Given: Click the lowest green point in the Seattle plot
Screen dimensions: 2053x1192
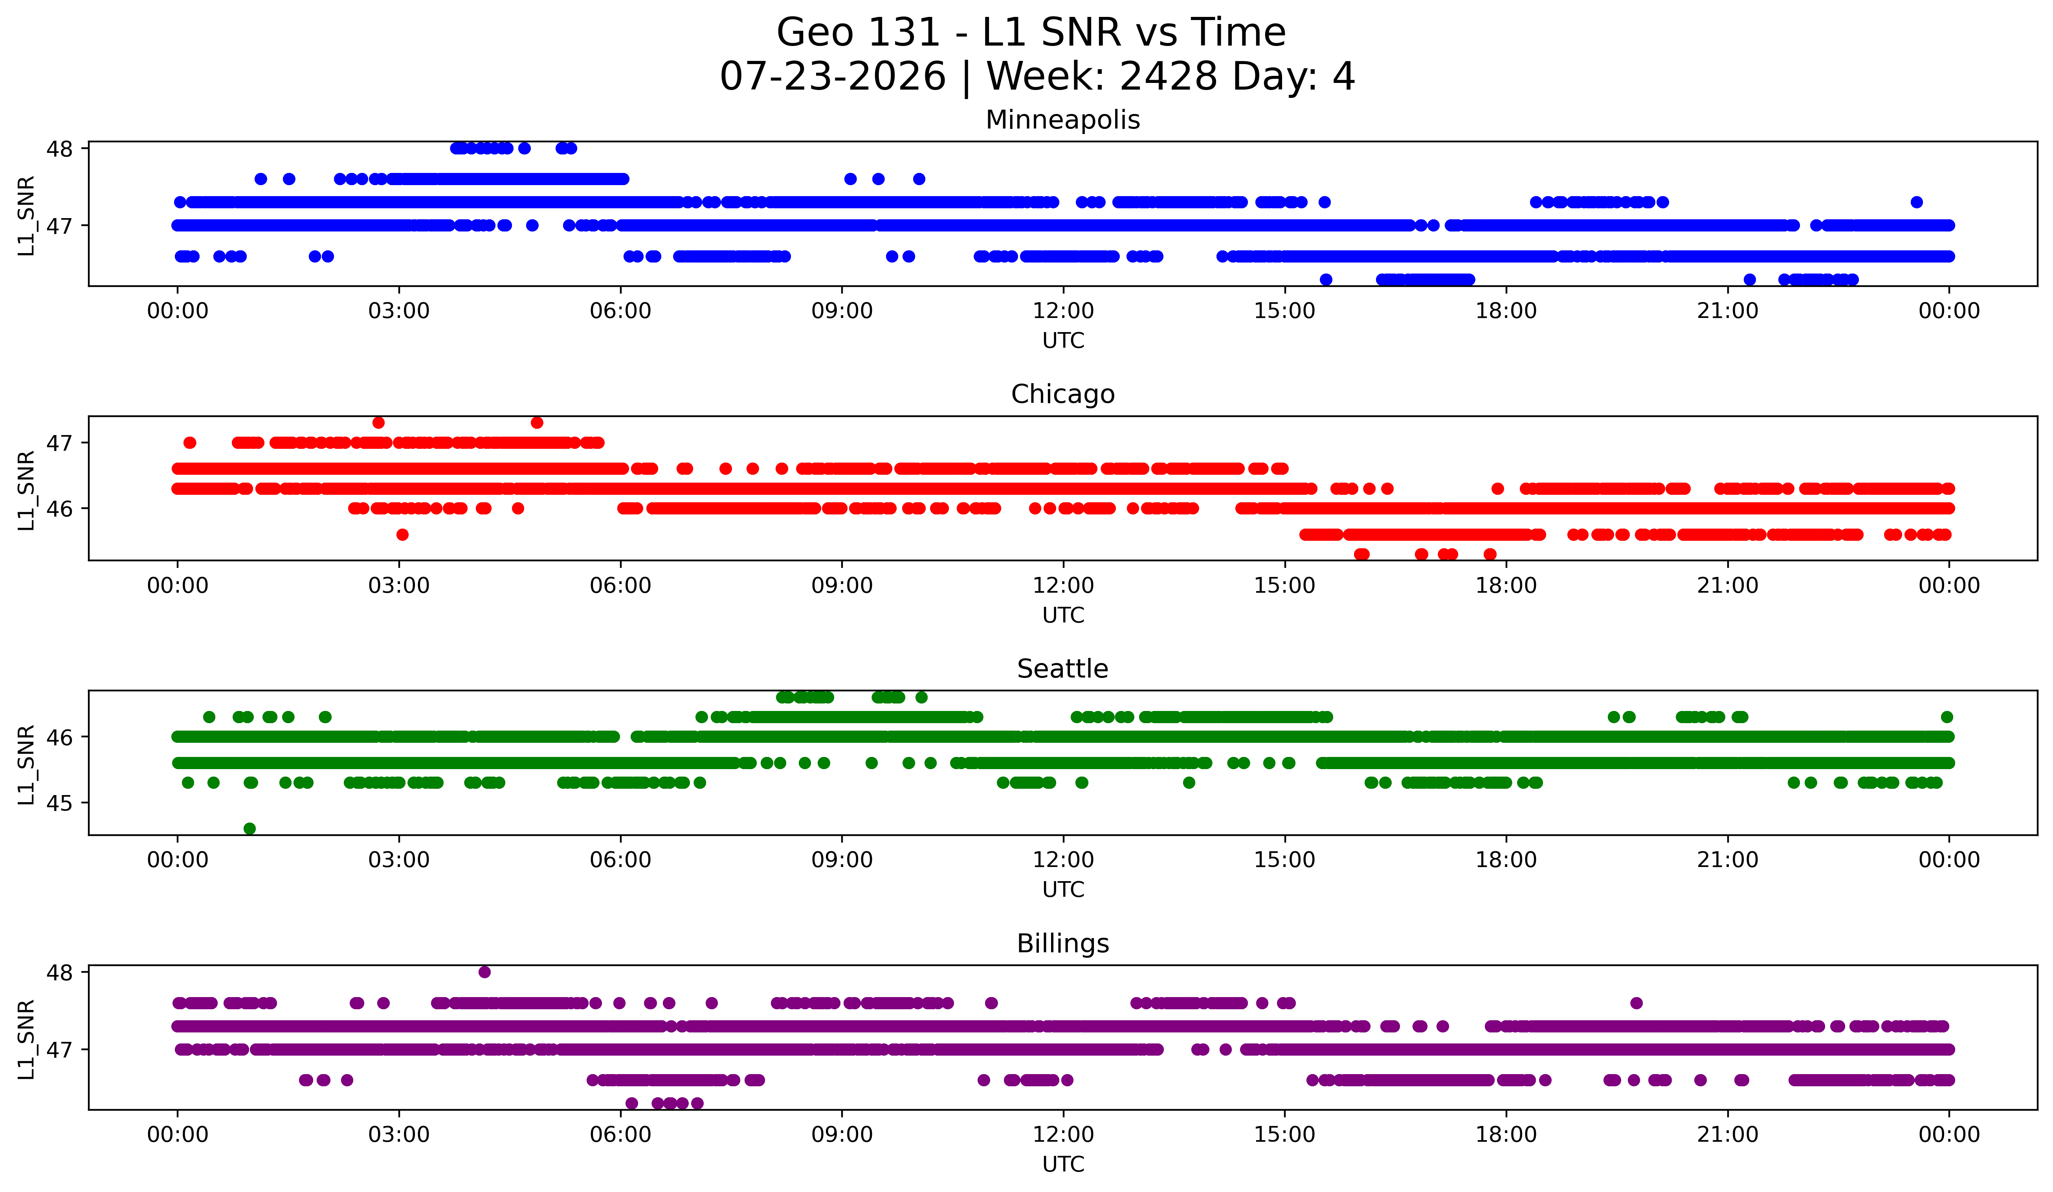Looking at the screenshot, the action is point(250,828).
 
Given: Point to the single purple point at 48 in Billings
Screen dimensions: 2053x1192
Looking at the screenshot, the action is point(485,972).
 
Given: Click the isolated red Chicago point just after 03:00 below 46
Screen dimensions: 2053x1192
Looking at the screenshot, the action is point(402,534).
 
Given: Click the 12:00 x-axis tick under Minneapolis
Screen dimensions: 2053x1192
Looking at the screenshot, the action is point(1063,311).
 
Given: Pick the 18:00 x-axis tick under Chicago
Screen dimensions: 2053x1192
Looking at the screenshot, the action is point(1506,586).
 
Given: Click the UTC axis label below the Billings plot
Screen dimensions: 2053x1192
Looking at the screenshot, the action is point(1063,1164).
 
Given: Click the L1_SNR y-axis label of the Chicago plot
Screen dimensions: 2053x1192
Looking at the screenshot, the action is point(26,490).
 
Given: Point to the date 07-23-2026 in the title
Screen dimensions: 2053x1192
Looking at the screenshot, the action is point(833,77).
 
